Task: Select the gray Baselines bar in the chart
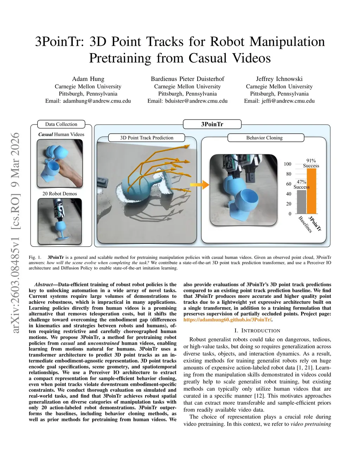click(302, 202)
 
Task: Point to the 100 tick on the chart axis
click(288, 164)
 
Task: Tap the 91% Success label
click(311, 163)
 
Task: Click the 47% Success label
click(302, 184)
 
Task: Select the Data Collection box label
click(61, 124)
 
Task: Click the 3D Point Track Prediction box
click(147, 138)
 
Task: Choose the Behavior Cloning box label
click(264, 138)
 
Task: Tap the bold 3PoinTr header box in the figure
click(212, 124)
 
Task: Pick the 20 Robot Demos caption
click(60, 194)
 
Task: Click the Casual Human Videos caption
click(61, 134)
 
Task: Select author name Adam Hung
click(88, 79)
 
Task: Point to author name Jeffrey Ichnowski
click(279, 79)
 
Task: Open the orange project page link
click(228, 320)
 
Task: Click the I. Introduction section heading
click(257, 331)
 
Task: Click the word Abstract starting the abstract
click(43, 285)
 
